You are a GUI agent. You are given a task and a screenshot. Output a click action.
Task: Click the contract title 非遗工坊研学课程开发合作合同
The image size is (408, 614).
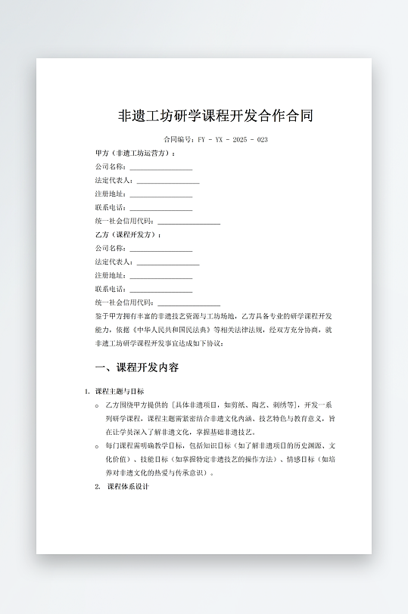coord(216,116)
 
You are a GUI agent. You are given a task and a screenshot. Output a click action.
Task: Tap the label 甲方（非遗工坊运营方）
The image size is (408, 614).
coord(135,153)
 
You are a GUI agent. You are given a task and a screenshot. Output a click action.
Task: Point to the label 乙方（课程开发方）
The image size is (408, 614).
coord(128,235)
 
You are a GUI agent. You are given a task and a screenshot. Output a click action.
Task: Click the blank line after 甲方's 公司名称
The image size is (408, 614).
coord(160,168)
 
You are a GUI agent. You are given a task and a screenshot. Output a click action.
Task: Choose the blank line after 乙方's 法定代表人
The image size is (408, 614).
coord(167,262)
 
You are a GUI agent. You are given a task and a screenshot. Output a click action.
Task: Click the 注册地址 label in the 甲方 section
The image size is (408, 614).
coord(111,194)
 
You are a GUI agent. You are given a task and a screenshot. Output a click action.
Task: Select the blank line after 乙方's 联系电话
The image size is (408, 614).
coord(160,290)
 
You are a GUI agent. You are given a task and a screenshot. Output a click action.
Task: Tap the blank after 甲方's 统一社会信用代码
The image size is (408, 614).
coord(188,222)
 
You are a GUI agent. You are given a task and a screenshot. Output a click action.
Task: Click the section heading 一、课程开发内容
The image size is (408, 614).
coord(137,368)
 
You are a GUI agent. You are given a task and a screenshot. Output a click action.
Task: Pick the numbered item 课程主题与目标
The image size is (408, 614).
coord(120,391)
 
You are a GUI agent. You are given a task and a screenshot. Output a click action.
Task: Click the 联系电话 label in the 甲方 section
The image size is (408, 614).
coord(111,208)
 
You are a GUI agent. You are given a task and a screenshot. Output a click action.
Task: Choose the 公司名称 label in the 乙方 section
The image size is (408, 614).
coord(111,249)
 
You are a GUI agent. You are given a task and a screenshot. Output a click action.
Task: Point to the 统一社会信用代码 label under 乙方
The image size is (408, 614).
coord(125,303)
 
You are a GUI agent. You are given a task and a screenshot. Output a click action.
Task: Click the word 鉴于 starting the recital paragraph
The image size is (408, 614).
coord(102,316)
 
